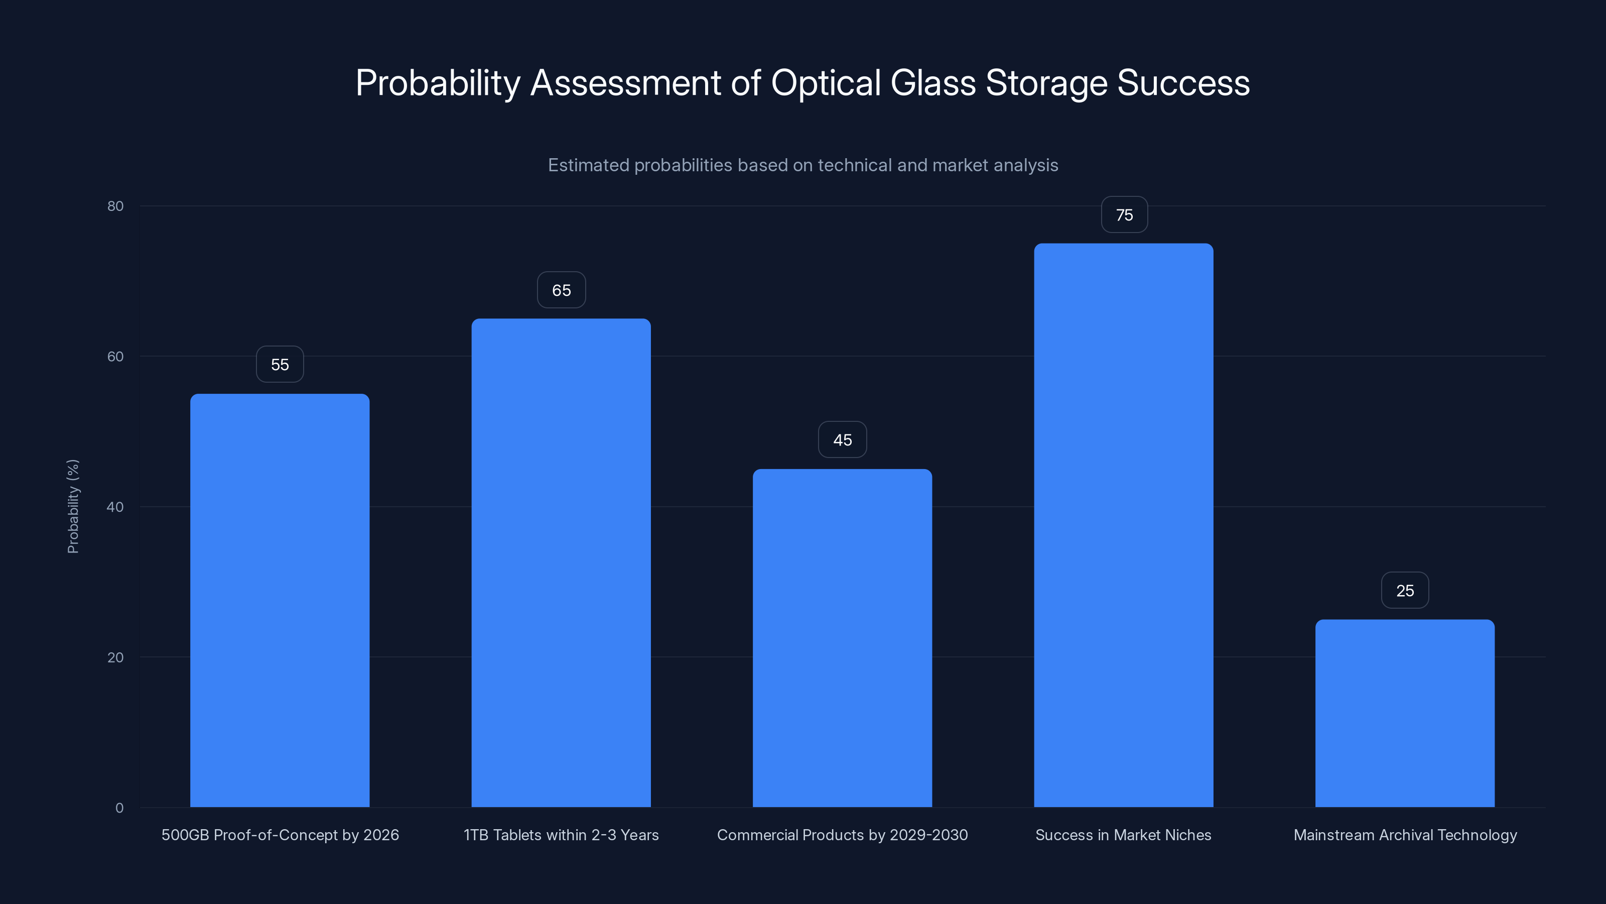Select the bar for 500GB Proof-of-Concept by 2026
point(280,600)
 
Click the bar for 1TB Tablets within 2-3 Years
point(561,562)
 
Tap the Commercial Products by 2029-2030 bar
point(842,638)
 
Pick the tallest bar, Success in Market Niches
point(1124,525)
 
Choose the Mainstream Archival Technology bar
point(1405,713)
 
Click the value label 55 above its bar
point(280,364)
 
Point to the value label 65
point(561,290)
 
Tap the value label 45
point(842,440)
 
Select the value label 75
point(1124,215)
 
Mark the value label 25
point(1405,590)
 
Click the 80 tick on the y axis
point(115,206)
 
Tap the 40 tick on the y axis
point(115,507)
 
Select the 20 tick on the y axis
point(115,657)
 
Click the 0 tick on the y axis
point(119,808)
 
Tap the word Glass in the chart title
point(932,83)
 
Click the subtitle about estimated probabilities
point(803,165)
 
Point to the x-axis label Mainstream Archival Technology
point(1405,835)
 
